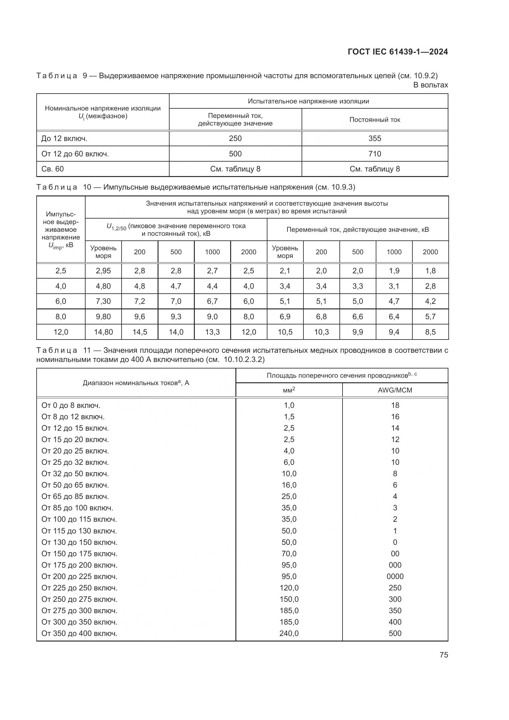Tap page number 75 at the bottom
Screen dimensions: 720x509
coord(443,655)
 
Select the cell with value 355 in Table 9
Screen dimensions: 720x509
coord(375,138)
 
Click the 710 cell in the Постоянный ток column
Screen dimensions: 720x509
coord(375,154)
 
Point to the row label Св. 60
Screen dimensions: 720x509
coord(52,169)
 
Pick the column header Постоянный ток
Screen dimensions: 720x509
coord(375,119)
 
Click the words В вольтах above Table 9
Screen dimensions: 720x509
coord(430,85)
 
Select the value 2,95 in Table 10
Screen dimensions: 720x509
coord(103,271)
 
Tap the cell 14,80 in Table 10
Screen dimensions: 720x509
coord(103,332)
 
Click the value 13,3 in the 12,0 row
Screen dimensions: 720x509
coord(212,332)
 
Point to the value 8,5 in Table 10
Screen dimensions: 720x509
coord(430,332)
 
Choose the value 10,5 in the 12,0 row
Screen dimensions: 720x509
coord(285,332)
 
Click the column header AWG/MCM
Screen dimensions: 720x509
coord(395,390)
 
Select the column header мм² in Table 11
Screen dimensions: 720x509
coord(289,390)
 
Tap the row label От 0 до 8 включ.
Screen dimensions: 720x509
coord(71,405)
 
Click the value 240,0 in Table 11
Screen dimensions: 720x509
coord(289,633)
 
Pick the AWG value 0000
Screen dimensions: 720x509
coord(395,576)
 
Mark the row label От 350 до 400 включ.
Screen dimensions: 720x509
coord(79,633)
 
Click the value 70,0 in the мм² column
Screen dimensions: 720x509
coord(289,553)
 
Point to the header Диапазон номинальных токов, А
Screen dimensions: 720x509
coord(136,383)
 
